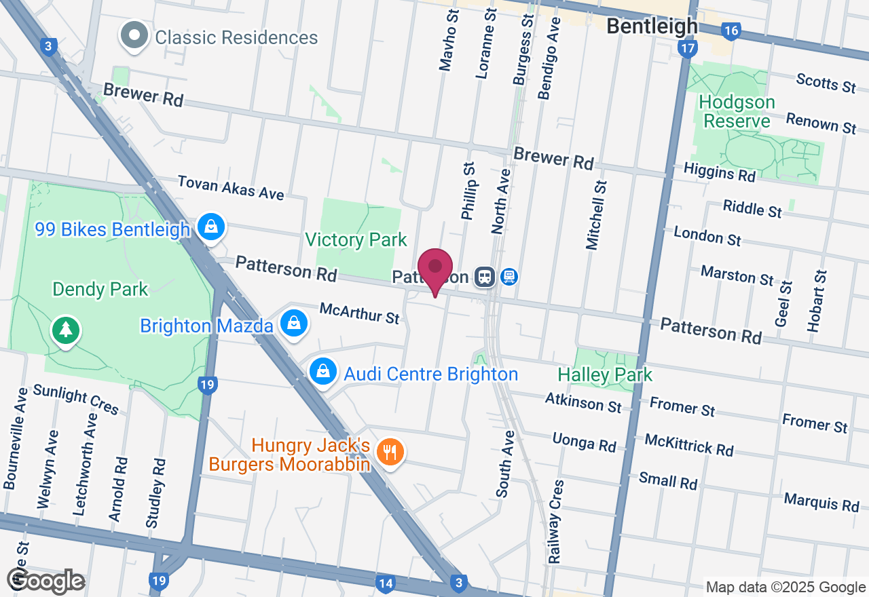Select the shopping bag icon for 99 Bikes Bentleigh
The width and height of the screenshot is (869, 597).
tap(212, 227)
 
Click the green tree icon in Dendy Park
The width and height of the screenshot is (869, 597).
tap(65, 330)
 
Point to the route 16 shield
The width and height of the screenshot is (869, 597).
tap(731, 31)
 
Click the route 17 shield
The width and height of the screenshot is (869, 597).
tap(687, 48)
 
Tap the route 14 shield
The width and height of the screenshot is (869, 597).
tap(386, 582)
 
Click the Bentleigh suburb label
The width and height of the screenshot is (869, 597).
tap(652, 26)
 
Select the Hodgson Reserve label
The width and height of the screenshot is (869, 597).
tap(737, 112)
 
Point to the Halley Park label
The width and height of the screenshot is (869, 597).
tap(604, 374)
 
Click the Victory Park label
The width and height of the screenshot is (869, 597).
tap(356, 239)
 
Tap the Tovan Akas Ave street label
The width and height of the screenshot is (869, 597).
tap(231, 188)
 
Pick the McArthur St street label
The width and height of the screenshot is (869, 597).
tap(360, 313)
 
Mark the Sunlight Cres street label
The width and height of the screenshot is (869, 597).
tap(75, 399)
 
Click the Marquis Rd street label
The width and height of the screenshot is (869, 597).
tap(821, 503)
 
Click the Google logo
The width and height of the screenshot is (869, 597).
tap(46, 581)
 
